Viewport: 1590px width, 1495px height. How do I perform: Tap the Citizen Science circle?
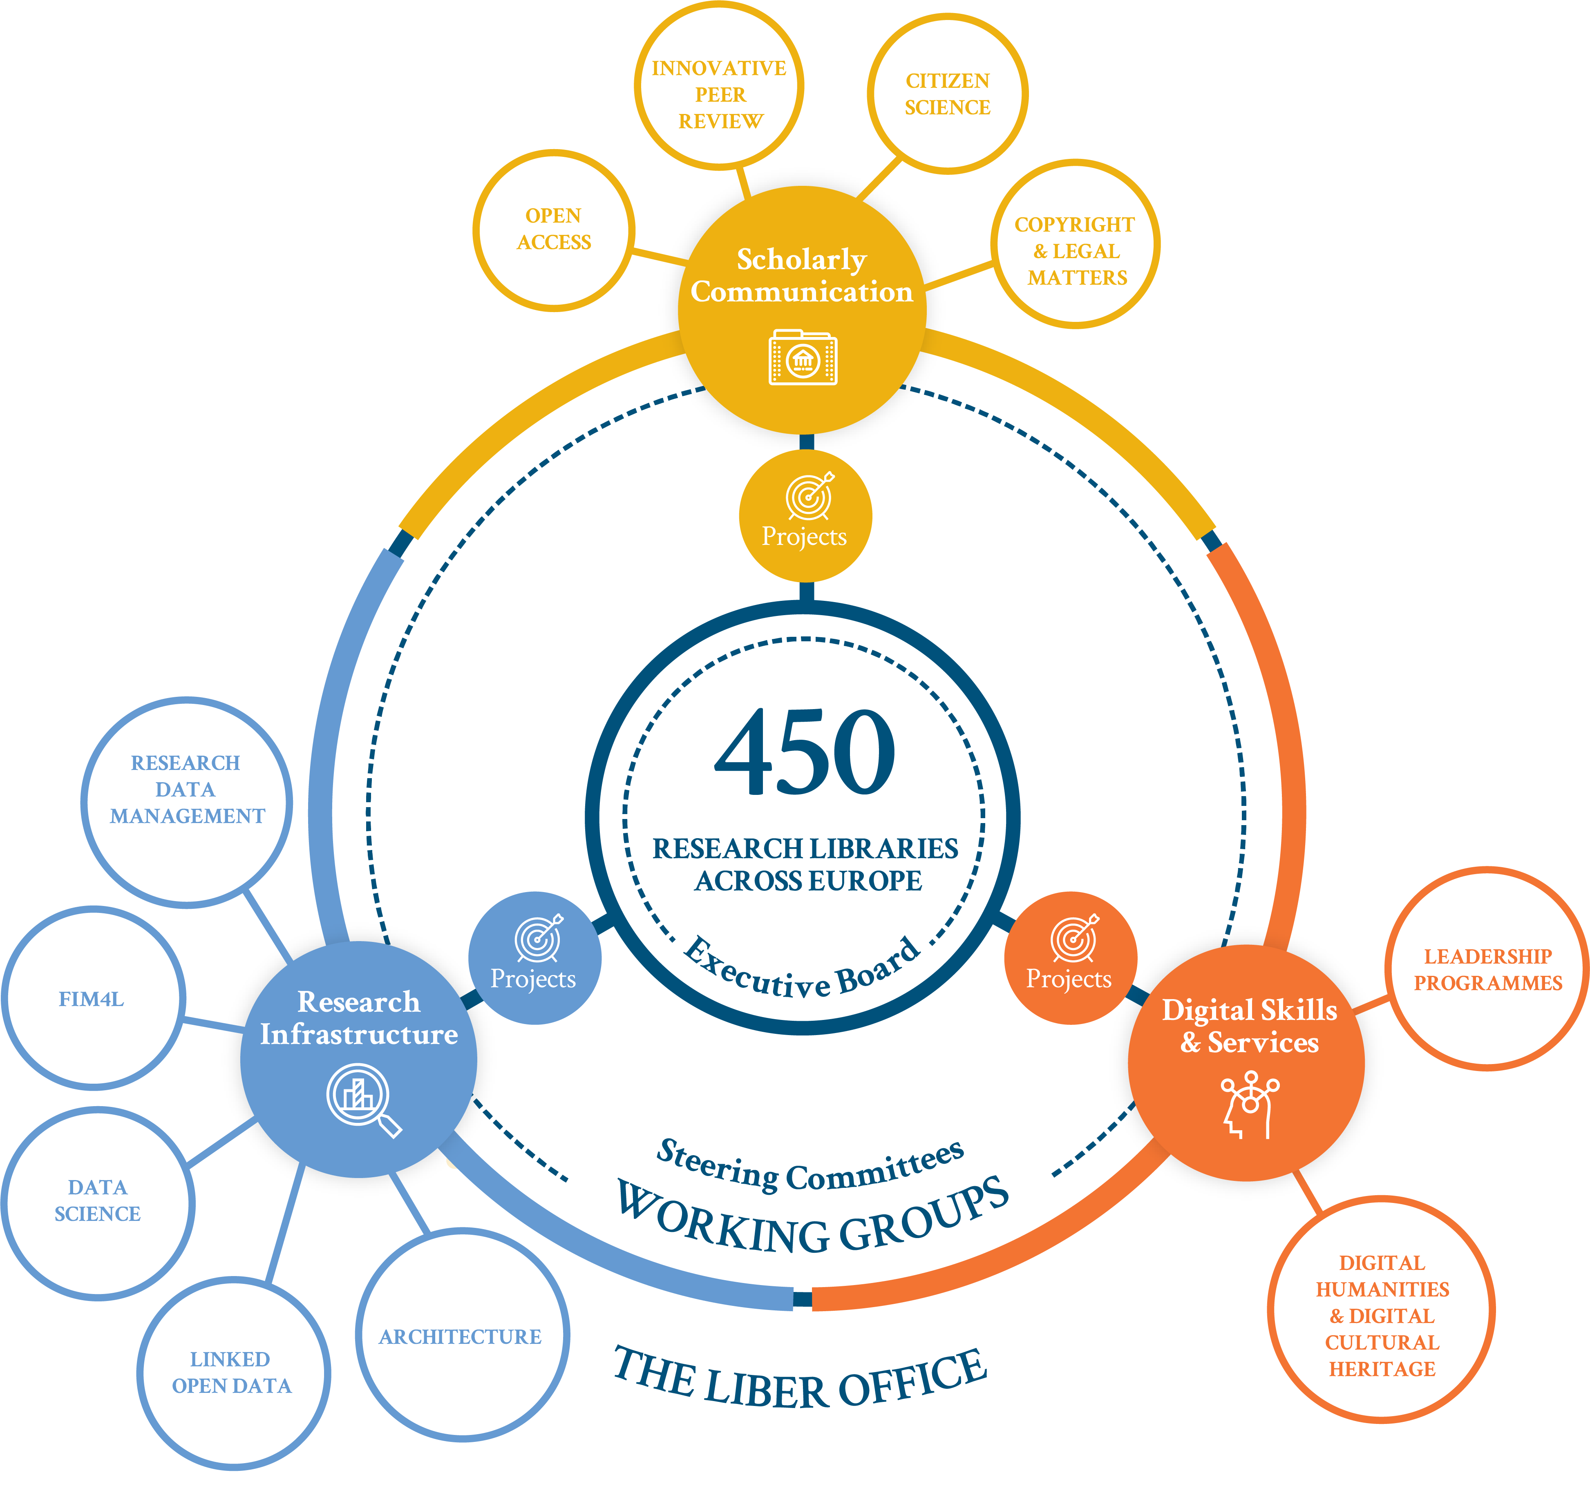[948, 94]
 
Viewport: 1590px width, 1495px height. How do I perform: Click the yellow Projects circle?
[805, 515]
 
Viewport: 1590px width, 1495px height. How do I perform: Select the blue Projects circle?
[534, 958]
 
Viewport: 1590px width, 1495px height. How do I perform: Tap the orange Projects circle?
[1069, 958]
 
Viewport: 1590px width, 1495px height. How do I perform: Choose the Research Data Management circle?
[186, 802]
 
